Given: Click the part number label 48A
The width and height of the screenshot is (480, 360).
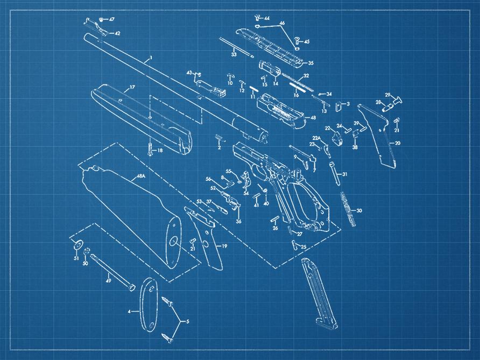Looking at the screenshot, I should coord(141,177).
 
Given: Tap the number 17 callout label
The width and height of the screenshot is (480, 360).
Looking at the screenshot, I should coord(132,87).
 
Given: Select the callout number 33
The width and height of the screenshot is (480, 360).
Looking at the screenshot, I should coord(234,55).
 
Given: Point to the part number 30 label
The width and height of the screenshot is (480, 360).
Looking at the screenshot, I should coord(359,210).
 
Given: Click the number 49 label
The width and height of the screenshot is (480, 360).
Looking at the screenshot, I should coord(108,280).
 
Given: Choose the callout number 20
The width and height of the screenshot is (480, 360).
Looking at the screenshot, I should coord(398,143).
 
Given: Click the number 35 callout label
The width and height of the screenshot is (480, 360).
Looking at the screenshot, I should coord(310,63).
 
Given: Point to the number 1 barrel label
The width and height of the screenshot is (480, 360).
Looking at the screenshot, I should coord(151,58).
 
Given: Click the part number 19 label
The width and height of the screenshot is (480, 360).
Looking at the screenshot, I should coord(224,246).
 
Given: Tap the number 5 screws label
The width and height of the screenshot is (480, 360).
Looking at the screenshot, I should coord(187,322).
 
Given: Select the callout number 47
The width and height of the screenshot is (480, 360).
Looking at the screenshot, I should coord(112,19).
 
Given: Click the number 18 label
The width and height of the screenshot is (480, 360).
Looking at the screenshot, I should coord(159,151).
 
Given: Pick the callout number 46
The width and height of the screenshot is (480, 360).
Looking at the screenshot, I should coord(281,24).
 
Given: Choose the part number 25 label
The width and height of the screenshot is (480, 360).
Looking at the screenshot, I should coord(303,247).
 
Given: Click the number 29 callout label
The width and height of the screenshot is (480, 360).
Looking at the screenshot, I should coord(387,95).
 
